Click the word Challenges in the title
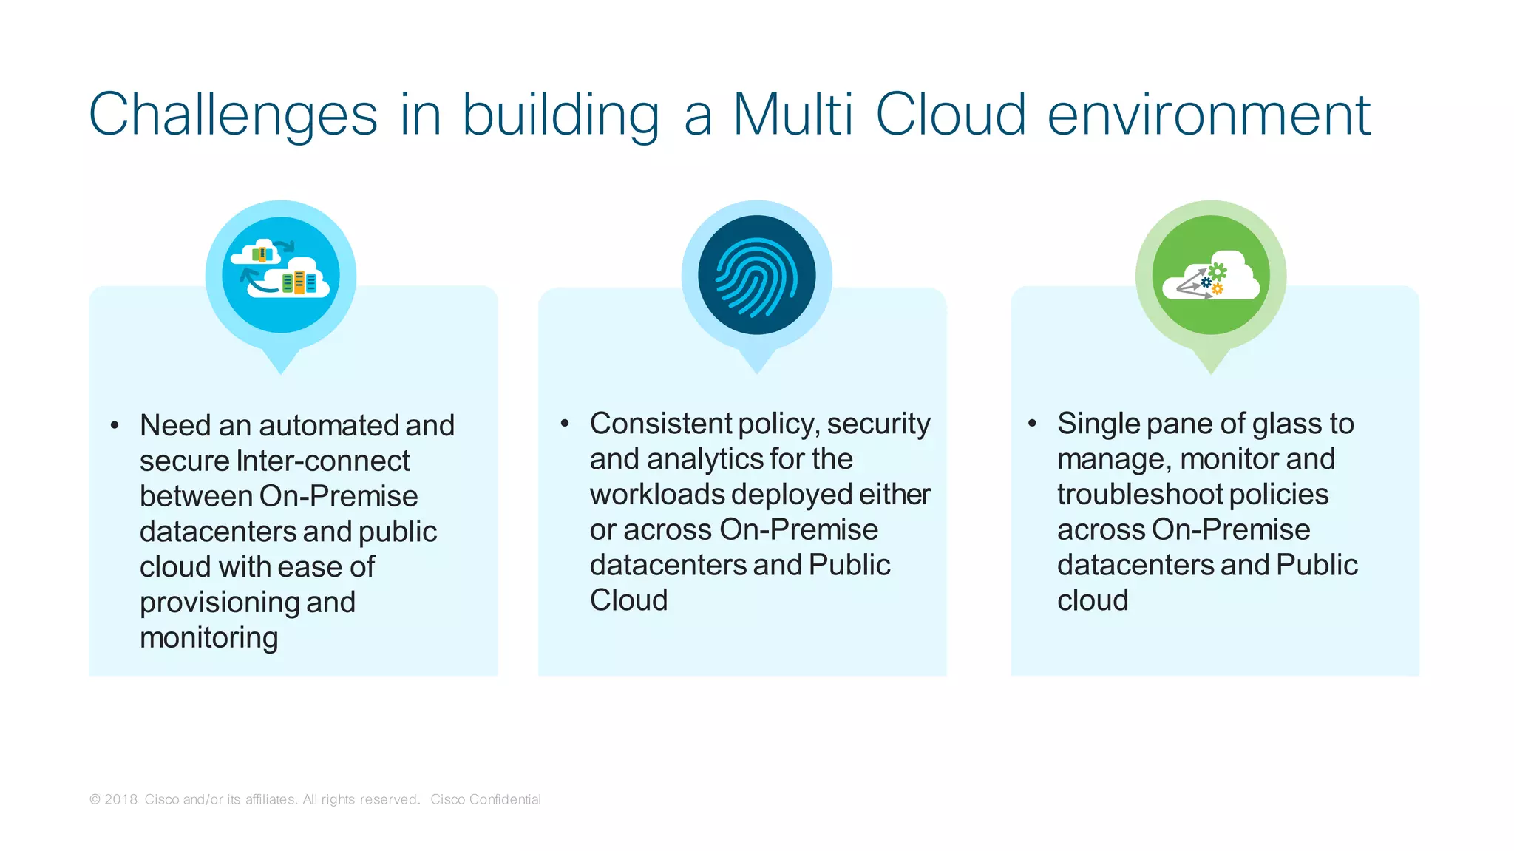[233, 115]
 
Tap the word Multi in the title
[792, 115]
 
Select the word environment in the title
[1209, 115]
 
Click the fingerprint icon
[756, 275]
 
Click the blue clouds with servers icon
[281, 275]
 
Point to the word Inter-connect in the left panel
[322, 461]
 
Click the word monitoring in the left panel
[208, 637]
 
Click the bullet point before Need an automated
[115, 425]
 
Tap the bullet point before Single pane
[1032, 424]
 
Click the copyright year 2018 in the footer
[120, 799]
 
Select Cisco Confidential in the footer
[486, 799]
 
